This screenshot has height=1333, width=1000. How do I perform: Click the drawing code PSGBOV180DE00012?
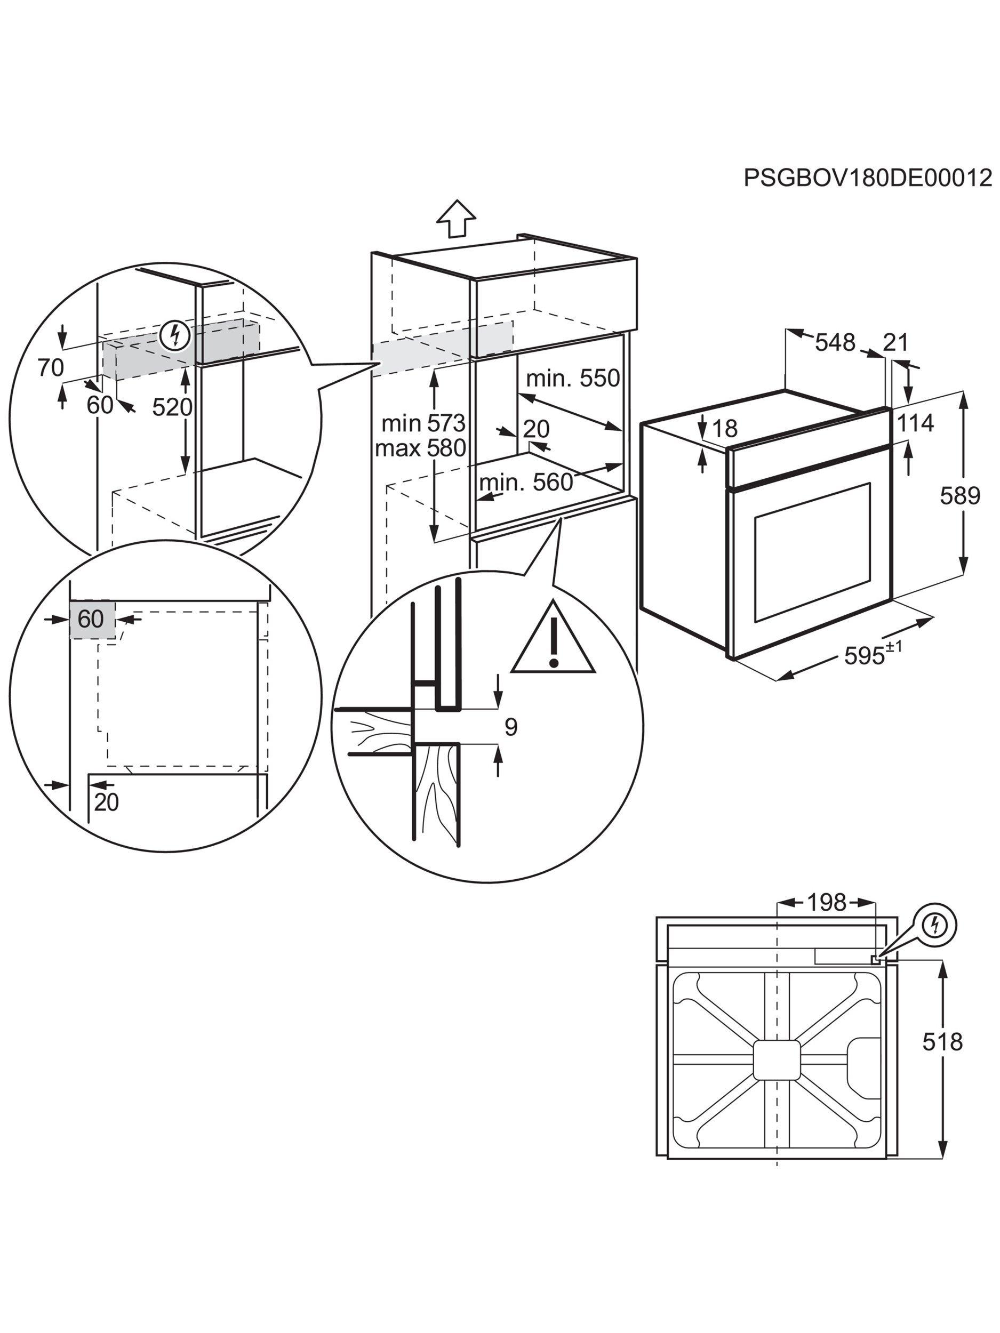867,179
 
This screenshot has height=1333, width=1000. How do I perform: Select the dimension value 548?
835,343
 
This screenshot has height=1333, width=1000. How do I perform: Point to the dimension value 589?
960,496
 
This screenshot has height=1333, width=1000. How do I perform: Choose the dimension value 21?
895,343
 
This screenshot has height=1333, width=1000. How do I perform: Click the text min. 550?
573,379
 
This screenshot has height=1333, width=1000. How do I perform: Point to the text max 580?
420,448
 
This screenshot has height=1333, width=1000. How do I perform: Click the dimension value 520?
172,408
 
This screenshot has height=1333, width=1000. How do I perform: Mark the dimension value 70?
51,367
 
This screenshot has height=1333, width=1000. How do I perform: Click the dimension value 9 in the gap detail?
510,727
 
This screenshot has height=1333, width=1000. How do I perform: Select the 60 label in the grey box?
91,619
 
